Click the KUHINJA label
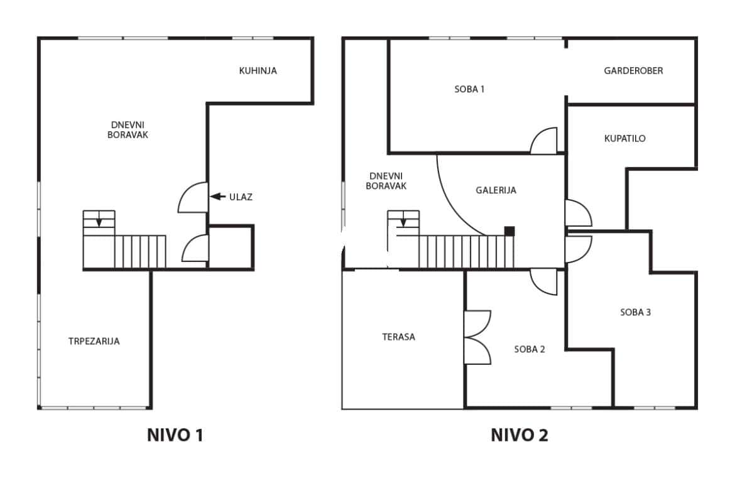point(258,71)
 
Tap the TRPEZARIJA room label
point(94,341)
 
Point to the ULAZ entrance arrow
point(217,197)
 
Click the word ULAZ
point(241,197)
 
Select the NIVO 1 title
point(175,435)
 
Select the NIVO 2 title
point(520,435)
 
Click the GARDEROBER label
point(633,71)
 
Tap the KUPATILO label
point(625,138)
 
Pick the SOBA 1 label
point(469,89)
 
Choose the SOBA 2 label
point(529,349)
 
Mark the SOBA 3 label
point(635,312)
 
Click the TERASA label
point(398,337)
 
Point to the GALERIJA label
point(496,190)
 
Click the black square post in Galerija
point(509,231)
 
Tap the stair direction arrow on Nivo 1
point(99,220)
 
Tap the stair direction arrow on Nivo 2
point(403,220)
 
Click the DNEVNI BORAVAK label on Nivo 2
point(386,181)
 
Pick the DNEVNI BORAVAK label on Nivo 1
point(128,130)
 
